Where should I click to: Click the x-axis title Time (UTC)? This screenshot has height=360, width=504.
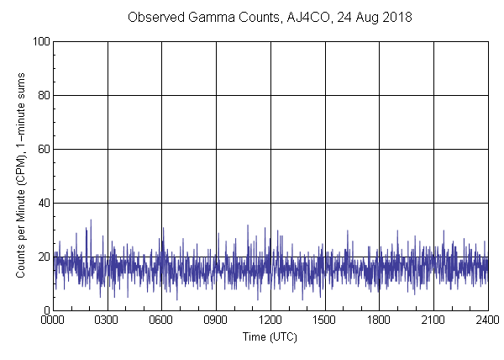click(x=270, y=336)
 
